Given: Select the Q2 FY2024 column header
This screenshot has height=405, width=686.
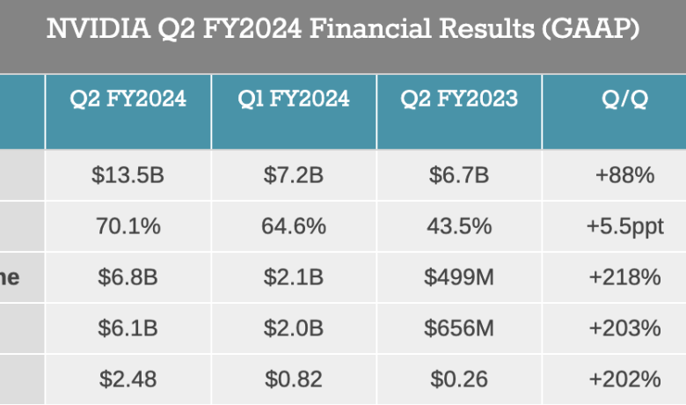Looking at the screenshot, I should tap(128, 99).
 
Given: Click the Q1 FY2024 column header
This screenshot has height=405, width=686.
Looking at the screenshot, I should tap(294, 99).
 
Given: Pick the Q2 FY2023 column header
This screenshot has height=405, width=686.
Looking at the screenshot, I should tap(459, 99).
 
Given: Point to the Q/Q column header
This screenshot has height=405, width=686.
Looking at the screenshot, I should tap(624, 99).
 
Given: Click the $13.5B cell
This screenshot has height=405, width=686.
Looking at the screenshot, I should tap(128, 175).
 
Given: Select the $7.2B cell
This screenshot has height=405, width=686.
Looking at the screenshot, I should tap(294, 175).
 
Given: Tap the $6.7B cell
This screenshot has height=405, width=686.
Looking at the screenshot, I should tap(459, 175).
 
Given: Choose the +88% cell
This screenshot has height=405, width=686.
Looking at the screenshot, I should tap(624, 175).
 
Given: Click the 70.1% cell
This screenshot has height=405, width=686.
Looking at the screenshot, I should tap(128, 226).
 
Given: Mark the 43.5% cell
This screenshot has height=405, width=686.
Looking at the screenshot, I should tap(459, 226).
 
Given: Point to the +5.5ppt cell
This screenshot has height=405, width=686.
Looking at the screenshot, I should tap(624, 226).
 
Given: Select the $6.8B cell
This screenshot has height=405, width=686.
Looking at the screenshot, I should tap(128, 277).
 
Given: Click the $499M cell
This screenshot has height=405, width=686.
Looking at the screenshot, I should tap(459, 277).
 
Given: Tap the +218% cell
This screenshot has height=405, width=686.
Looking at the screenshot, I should tap(624, 277).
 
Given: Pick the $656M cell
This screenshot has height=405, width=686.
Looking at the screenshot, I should tap(459, 328).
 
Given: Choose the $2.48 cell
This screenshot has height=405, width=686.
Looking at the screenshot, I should tap(128, 379).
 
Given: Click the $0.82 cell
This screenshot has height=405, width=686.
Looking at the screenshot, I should tap(294, 379).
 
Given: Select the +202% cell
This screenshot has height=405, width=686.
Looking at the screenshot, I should tap(624, 379).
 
